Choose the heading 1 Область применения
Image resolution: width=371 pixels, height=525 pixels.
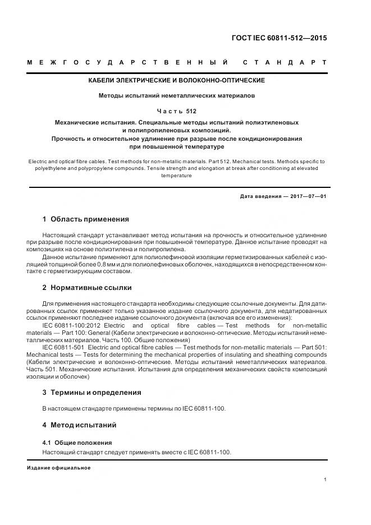pyautogui.click(x=86, y=219)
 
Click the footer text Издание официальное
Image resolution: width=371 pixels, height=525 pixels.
pyautogui.click(x=58, y=468)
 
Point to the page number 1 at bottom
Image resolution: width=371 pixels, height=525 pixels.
pyautogui.click(x=326, y=480)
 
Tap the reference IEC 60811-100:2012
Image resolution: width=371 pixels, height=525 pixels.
pyautogui.click(x=70, y=325)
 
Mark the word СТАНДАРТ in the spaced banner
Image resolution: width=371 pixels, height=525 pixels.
pyautogui.click(x=286, y=62)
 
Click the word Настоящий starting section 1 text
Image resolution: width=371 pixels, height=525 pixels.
pyautogui.click(x=58, y=234)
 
